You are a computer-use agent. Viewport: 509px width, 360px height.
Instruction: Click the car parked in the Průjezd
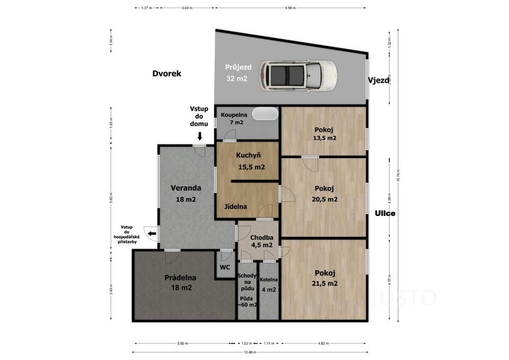tap(297, 75)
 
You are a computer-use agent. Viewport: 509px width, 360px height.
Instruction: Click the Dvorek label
tap(166, 74)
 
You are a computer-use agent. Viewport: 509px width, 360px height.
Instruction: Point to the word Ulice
tap(385, 214)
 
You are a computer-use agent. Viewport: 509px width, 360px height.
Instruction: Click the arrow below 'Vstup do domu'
tap(199, 136)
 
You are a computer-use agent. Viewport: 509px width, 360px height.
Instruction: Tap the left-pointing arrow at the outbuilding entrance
tap(152, 233)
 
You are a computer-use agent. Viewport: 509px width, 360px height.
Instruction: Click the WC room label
tap(225, 267)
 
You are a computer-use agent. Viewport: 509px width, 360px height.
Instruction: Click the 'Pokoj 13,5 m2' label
tap(325, 133)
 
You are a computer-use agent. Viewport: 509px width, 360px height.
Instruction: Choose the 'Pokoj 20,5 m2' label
tap(325, 194)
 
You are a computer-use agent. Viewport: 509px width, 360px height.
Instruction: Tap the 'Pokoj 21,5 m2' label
tap(325, 278)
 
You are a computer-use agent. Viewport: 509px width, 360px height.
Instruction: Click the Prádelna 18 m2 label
tap(180, 282)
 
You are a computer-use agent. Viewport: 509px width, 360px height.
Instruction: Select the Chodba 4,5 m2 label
tap(261, 241)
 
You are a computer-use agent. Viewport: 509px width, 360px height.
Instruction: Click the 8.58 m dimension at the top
tap(290, 8)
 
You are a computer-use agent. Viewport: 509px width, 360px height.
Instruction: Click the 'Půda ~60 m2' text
tap(247, 301)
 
